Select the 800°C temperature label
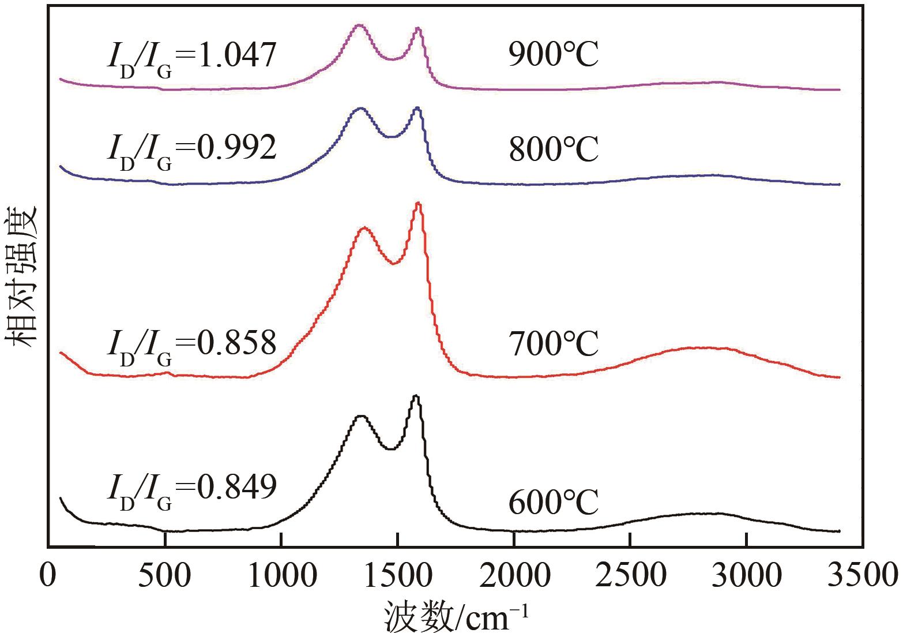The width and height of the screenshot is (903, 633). coord(553,149)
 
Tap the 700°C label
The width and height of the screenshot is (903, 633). coord(553,344)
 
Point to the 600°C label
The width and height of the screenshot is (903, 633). coord(553,503)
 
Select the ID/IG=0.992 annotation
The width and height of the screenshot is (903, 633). coord(191,151)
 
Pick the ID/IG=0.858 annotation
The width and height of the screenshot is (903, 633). coord(191,346)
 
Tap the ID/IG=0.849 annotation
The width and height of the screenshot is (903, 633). coord(191,490)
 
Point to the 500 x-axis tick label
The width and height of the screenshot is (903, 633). coord(165,575)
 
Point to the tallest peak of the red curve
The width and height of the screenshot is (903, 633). coord(418,204)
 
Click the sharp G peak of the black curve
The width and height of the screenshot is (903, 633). coord(416,396)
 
